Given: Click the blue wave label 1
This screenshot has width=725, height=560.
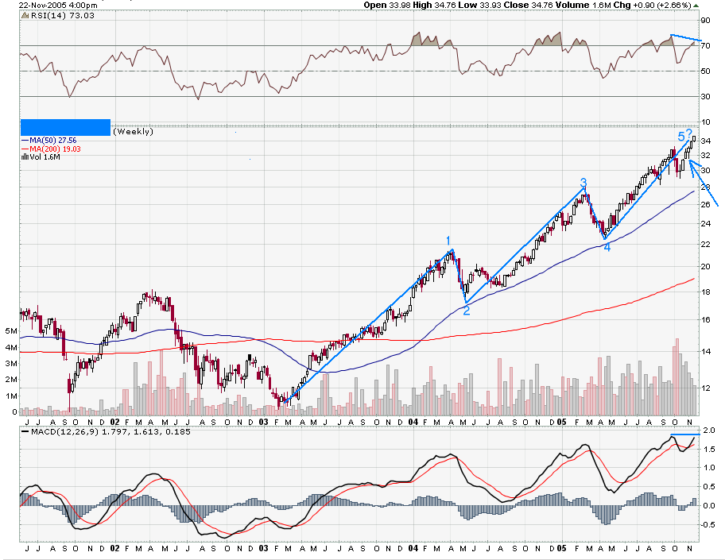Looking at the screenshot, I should tap(448, 241).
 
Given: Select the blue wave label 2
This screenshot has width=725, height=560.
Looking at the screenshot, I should tap(467, 311).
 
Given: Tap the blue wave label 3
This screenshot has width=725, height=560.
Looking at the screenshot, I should tap(583, 183).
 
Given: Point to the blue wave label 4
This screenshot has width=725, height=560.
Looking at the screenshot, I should tap(607, 247).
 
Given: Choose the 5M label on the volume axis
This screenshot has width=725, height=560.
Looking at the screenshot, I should tap(10, 330).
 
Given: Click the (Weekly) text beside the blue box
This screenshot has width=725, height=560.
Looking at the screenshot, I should tap(134, 132).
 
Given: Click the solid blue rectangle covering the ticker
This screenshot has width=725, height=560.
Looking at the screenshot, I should tap(65, 127).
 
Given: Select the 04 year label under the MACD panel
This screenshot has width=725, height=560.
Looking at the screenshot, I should tap(413, 549).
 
